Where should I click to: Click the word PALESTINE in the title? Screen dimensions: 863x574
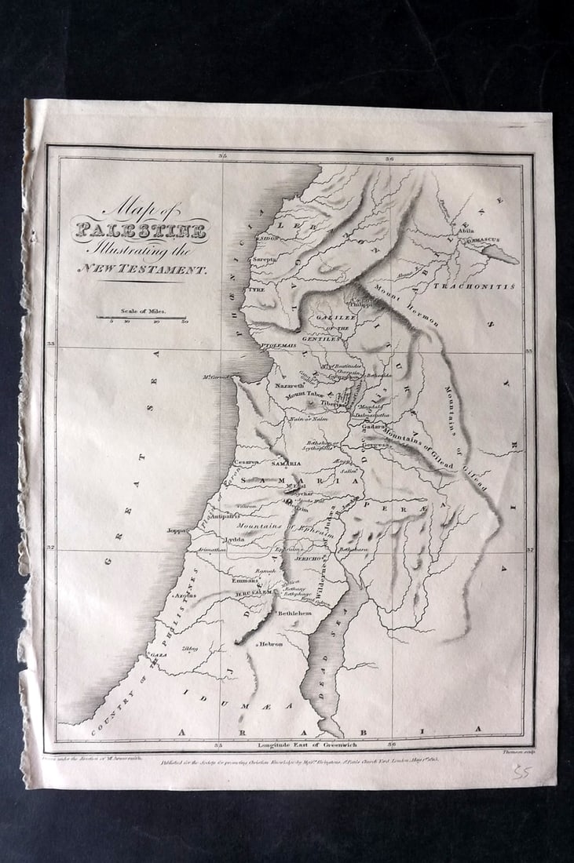click(141, 231)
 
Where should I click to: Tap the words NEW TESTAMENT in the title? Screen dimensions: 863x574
click(141, 269)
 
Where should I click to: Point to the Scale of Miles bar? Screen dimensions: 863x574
click(141, 318)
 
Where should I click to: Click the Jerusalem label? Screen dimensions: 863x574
click(253, 593)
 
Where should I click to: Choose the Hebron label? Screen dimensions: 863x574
click(270, 643)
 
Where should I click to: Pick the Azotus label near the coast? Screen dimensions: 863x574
click(185, 595)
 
